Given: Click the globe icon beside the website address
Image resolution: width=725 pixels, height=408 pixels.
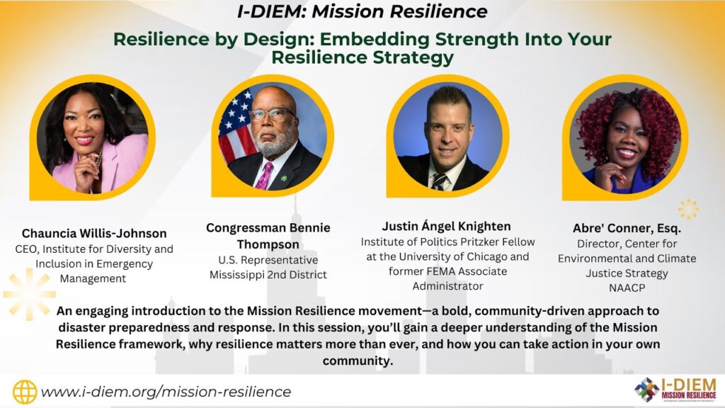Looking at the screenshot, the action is tap(25, 392).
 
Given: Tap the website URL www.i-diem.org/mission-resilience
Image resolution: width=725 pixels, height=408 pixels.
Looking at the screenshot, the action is tap(166, 392).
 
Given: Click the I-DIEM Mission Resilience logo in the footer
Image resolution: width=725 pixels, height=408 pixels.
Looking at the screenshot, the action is tap(675, 390).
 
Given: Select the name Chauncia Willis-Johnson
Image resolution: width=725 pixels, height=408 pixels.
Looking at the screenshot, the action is tap(94, 233).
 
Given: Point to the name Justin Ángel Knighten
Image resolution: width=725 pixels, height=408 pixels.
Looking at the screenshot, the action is tap(446, 226).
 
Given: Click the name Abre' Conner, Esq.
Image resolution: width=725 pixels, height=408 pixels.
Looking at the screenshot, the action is tap(627, 228).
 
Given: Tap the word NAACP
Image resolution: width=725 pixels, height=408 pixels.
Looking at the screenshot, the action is tap(627, 288).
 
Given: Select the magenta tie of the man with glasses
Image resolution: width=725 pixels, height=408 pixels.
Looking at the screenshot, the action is tap(264, 176).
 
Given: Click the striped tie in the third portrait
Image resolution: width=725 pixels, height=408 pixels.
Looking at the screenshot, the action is tap(439, 181).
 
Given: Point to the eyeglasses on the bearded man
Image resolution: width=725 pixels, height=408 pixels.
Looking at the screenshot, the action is tap(272, 114).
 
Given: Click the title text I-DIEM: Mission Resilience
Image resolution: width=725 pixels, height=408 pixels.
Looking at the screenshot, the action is tap(362, 11).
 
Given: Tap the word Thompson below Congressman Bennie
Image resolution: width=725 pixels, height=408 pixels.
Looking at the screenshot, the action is tap(268, 244).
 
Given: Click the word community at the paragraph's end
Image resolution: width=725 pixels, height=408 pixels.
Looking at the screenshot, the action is tap(357, 361).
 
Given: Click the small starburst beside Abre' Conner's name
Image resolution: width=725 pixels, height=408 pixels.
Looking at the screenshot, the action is tap(688, 209).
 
